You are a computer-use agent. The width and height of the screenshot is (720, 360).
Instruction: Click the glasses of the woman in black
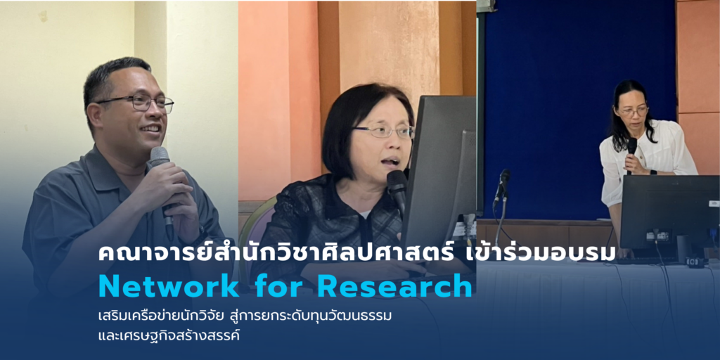pyautogui.click(x=384, y=131)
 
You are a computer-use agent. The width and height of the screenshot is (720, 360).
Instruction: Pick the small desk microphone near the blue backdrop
pyautogui.click(x=502, y=184)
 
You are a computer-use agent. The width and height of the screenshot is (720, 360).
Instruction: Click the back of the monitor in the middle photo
pyautogui.click(x=439, y=169)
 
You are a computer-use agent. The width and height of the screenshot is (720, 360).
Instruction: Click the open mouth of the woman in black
pyautogui.click(x=388, y=161)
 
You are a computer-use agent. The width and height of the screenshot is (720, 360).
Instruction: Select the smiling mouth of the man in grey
pyautogui.click(x=150, y=129)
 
